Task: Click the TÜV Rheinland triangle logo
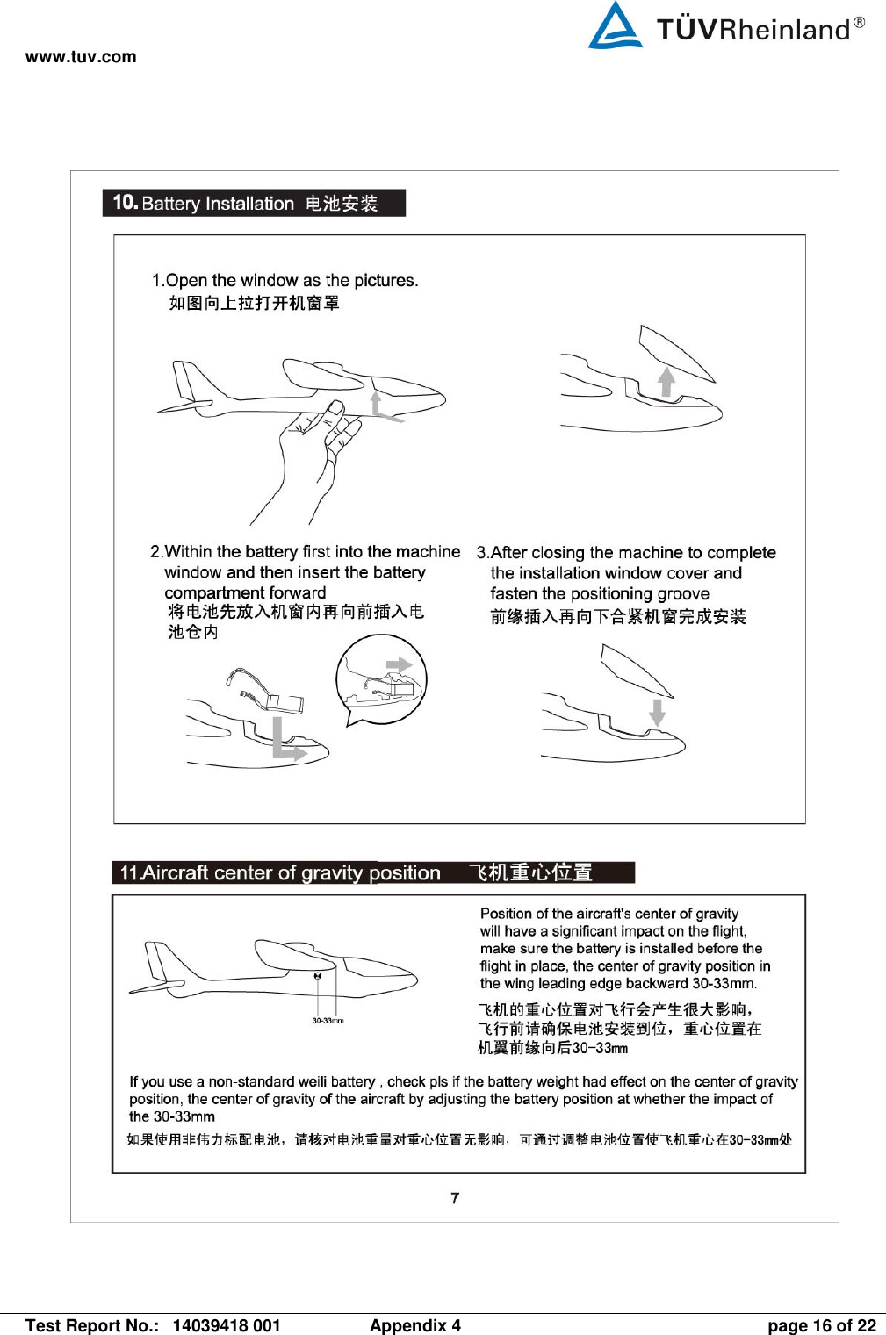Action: (615, 26)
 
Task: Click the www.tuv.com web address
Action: (81, 57)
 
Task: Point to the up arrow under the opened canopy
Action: (666, 382)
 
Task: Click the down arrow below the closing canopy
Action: (657, 711)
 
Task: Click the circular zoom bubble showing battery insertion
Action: (381, 678)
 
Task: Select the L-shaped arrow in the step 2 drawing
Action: (286, 741)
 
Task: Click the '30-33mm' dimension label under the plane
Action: (328, 1021)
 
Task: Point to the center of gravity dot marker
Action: (318, 976)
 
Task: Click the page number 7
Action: (455, 1198)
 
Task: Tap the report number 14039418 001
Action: (227, 1325)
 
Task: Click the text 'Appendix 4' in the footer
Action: (415, 1325)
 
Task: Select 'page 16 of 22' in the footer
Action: (821, 1325)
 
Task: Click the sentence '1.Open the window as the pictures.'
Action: (285, 280)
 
